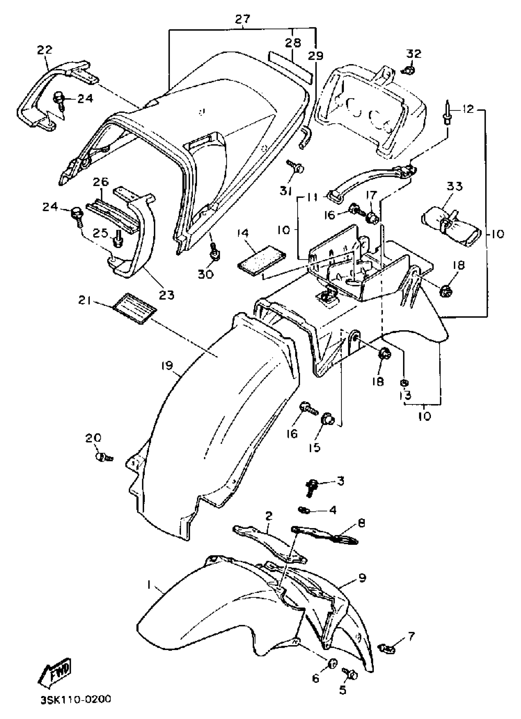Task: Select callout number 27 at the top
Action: coord(243,19)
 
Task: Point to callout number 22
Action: coord(45,50)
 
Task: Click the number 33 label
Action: coord(454,186)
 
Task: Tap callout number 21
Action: coord(85,300)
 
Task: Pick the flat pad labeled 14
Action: coord(261,260)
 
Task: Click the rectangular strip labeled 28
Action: coord(290,65)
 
